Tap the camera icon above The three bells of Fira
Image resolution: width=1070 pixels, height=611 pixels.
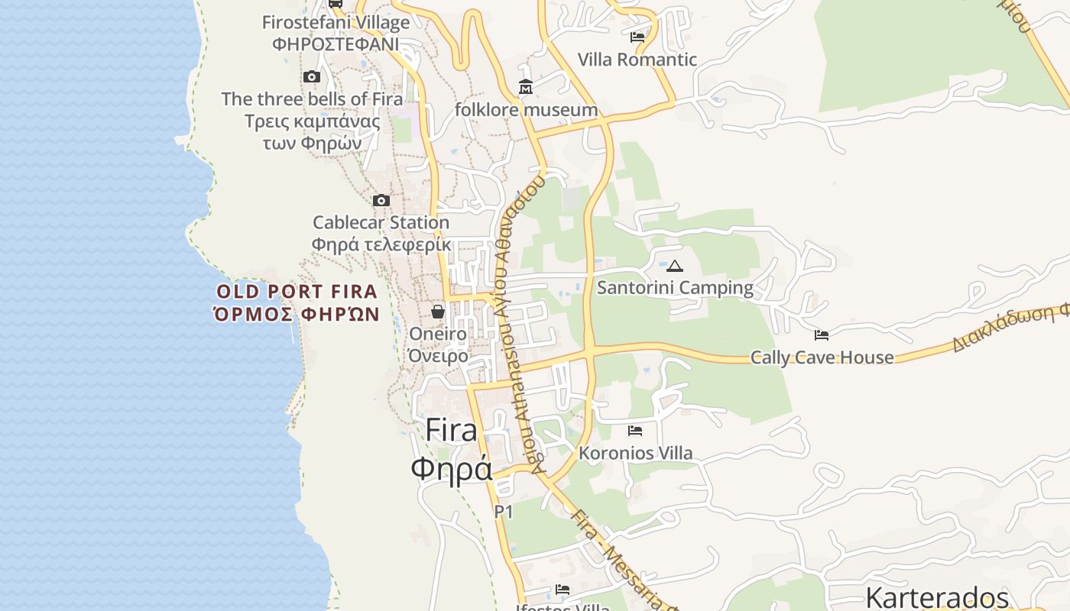(x=311, y=76)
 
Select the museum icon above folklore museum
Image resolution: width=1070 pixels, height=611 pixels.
(x=526, y=87)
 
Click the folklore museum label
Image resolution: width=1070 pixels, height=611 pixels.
(x=526, y=110)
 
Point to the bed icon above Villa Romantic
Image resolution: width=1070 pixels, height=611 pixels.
(x=637, y=37)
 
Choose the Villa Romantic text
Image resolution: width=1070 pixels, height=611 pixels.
(x=637, y=60)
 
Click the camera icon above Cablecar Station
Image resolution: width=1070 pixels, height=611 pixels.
(x=381, y=201)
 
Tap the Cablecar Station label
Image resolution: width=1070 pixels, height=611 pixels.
(x=381, y=223)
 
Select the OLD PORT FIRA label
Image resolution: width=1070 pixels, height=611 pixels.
(x=297, y=292)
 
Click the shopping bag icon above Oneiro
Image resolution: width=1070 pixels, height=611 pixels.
(x=438, y=312)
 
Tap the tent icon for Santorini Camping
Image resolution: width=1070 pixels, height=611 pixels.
(x=674, y=266)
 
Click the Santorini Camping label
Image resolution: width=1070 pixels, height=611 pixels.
(x=675, y=288)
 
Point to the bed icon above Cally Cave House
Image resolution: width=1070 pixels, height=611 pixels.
(x=822, y=335)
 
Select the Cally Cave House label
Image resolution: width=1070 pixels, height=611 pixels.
(x=822, y=357)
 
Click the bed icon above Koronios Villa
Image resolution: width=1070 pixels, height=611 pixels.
(x=635, y=431)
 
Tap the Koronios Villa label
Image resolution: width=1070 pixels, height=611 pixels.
(x=636, y=454)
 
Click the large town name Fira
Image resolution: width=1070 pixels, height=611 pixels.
(x=451, y=431)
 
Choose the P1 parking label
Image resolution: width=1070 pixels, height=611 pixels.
(x=504, y=512)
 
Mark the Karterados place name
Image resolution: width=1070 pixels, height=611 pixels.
(x=937, y=597)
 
